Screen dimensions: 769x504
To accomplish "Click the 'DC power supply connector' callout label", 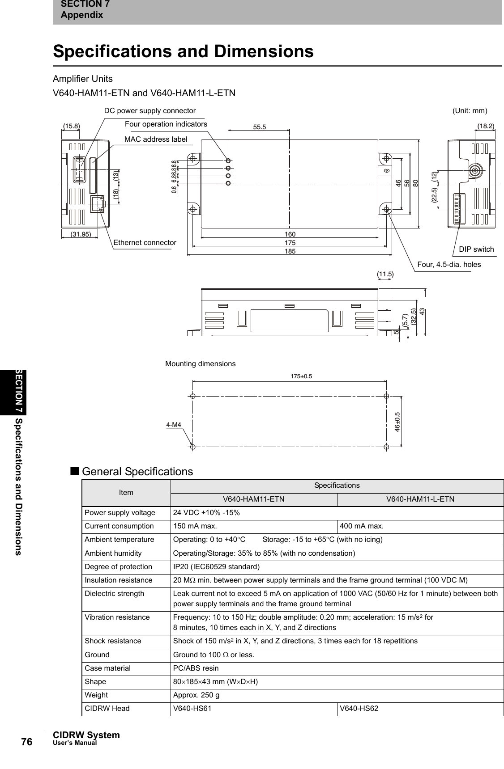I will (149, 110).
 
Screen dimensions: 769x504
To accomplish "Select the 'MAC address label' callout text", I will (155, 139).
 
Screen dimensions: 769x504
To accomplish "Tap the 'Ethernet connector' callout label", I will (145, 242).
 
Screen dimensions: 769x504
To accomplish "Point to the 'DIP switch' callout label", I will (476, 249).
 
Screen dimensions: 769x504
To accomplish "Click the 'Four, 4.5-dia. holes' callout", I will (448, 264).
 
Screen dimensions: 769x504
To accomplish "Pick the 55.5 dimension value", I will (259, 127).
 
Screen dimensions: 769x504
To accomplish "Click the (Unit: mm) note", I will (470, 110).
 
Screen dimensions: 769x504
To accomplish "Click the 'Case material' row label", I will (108, 668).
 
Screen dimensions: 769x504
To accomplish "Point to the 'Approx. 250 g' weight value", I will (196, 695).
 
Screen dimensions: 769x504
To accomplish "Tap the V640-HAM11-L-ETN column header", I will (420, 499).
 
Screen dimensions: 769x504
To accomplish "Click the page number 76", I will (27, 742).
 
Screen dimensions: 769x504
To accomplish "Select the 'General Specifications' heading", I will (137, 472).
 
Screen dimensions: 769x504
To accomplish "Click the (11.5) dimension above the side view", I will (385, 273).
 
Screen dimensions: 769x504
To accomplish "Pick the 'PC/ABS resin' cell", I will (196, 668).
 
